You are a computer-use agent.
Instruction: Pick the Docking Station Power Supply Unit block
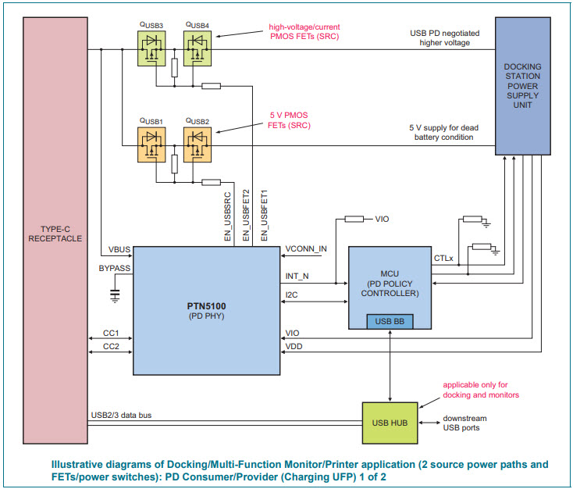pos(522,87)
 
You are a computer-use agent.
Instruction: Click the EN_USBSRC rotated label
pos(229,215)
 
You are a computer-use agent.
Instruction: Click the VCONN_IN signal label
pos(306,248)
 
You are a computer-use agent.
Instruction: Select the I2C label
pos(292,294)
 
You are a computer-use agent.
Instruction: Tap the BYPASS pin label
pos(114,268)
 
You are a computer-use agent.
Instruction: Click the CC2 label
pos(111,346)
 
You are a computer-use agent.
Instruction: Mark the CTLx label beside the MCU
pos(443,257)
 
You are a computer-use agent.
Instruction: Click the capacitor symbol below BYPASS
pos(116,294)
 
